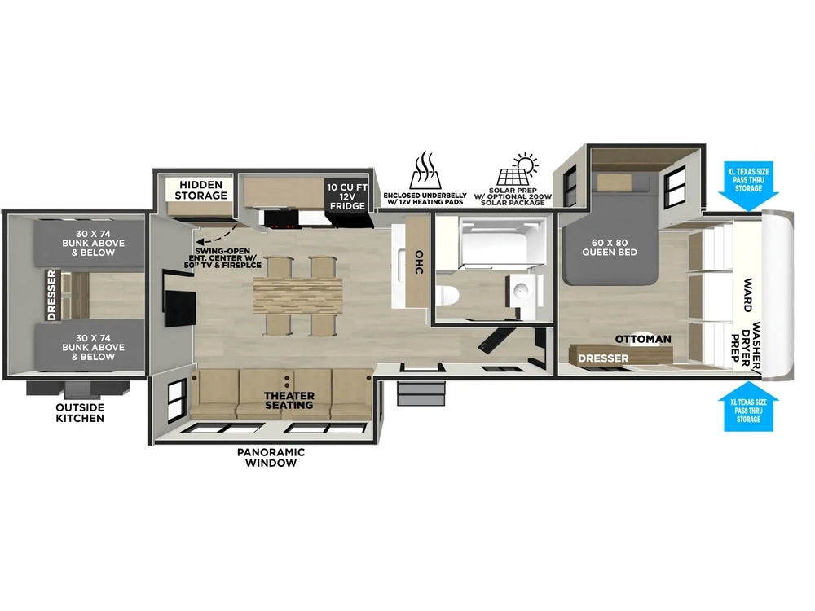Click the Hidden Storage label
point(200,190)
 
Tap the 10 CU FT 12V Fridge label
point(346,196)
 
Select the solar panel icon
point(518,169)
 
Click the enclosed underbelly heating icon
point(425,170)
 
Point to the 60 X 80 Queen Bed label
point(609,248)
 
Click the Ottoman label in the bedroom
point(643,339)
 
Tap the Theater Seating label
point(289,401)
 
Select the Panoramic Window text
point(271,457)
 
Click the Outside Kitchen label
point(80,412)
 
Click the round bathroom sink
point(520,291)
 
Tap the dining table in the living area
point(297,295)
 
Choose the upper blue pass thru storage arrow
point(748,187)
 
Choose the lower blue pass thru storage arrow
point(748,407)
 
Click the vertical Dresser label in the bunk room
point(51,295)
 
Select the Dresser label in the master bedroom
point(603,358)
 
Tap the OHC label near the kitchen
point(419,262)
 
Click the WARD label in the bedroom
point(747,295)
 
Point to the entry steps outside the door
point(421,393)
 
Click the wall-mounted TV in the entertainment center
point(180,309)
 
